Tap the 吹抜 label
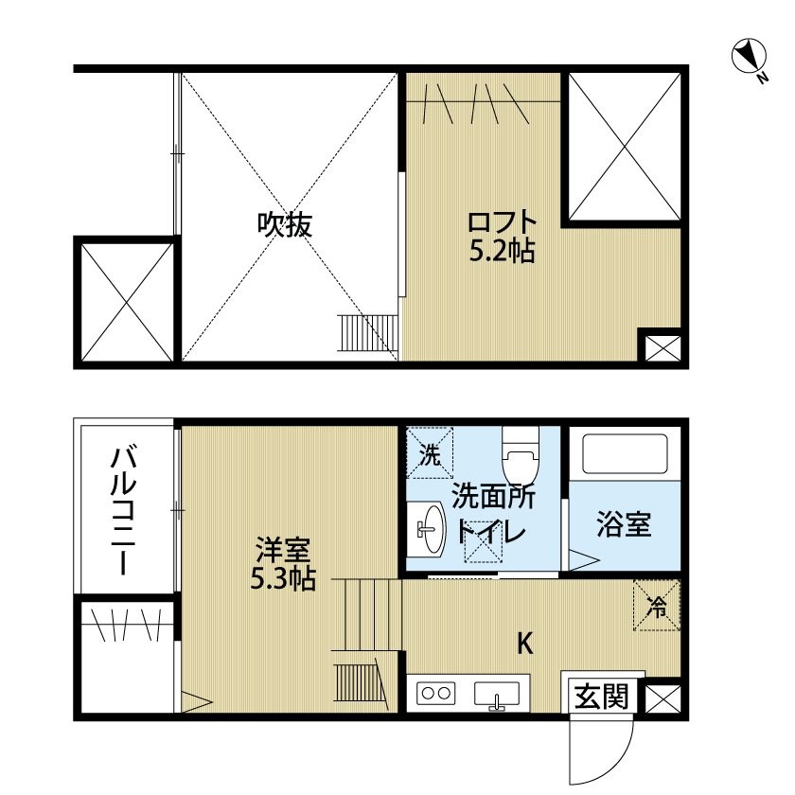click(285, 224)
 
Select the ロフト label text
click(502, 222)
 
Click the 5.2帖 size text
click(502, 250)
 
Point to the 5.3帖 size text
click(283, 578)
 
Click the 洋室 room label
click(283, 551)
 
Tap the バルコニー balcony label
click(124, 511)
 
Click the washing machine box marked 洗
click(430, 452)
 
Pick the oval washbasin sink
click(433, 529)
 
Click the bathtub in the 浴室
click(625, 453)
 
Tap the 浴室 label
click(624, 523)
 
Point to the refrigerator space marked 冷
click(657, 606)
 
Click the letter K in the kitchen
click(524, 644)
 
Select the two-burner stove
click(436, 693)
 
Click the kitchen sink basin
click(497, 694)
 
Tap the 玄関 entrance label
click(601, 696)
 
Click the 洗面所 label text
click(492, 496)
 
